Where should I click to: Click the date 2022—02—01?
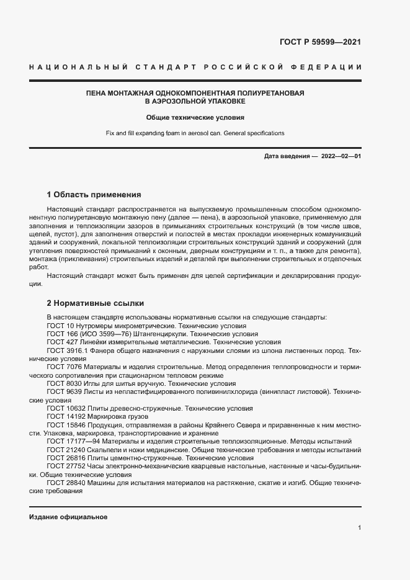(x=341, y=156)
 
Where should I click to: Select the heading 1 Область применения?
(x=94, y=194)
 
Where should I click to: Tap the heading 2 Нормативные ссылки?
(x=96, y=303)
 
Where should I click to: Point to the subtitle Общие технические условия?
(x=195, y=117)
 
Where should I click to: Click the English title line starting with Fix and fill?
(x=195, y=133)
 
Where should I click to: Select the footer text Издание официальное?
(x=68, y=517)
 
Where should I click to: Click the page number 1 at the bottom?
(x=359, y=528)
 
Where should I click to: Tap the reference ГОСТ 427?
(x=60, y=342)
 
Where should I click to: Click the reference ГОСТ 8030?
(x=63, y=384)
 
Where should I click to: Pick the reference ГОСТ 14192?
(x=65, y=416)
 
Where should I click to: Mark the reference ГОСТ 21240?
(x=65, y=448)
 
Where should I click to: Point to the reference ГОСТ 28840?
(x=65, y=483)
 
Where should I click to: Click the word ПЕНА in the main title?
(x=97, y=92)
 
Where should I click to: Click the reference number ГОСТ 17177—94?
(x=71, y=440)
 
